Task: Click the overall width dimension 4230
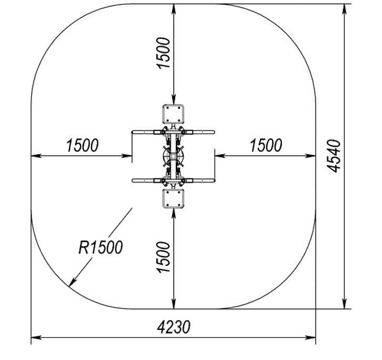(x=174, y=327)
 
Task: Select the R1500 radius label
(x=100, y=247)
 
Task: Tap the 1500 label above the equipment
(x=163, y=53)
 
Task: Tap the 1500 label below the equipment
(x=163, y=257)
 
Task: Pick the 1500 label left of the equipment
(x=82, y=145)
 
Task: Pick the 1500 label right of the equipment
(x=266, y=145)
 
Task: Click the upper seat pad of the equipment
(x=173, y=114)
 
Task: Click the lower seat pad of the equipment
(x=173, y=198)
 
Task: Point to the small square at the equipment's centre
(x=173, y=156)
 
